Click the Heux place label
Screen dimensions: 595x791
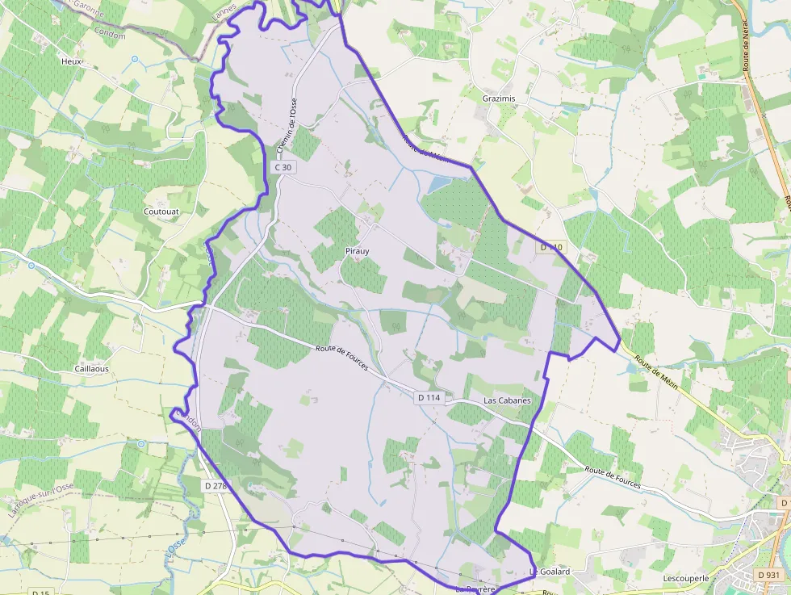point(72,61)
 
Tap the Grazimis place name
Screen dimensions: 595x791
point(498,98)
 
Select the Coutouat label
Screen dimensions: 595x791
point(161,212)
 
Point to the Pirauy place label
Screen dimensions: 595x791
point(357,251)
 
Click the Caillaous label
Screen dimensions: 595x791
point(92,368)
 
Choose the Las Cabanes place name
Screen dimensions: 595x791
point(507,400)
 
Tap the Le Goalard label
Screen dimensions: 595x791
point(550,572)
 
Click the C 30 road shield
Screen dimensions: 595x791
point(282,167)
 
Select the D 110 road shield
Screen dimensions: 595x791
point(551,247)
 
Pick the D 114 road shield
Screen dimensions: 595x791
point(429,398)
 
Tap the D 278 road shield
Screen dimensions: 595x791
point(216,486)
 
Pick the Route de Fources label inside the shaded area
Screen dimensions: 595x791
point(341,357)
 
